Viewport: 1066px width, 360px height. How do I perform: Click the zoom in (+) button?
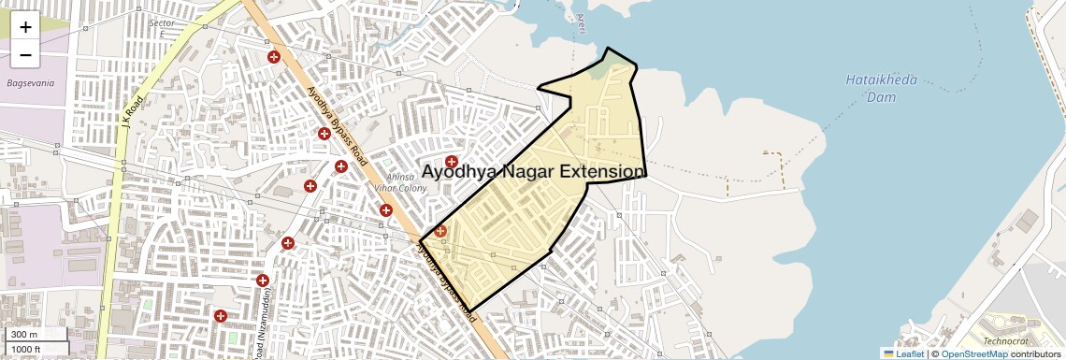[25, 26]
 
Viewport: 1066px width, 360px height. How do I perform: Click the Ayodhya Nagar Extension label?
[533, 172]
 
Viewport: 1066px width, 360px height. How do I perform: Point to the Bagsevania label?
[31, 83]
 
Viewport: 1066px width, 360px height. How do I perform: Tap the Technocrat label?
[1004, 341]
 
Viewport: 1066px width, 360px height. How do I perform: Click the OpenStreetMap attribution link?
[973, 353]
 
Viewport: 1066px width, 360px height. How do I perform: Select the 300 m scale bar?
[36, 335]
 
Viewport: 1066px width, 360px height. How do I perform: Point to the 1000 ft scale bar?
[36, 349]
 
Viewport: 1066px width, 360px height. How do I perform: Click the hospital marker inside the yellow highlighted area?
[440, 231]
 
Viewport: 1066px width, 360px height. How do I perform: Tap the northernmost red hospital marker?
[274, 57]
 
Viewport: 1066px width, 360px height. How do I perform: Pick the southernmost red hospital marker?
[221, 316]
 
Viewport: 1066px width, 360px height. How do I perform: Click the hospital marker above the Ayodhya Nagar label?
[452, 162]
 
